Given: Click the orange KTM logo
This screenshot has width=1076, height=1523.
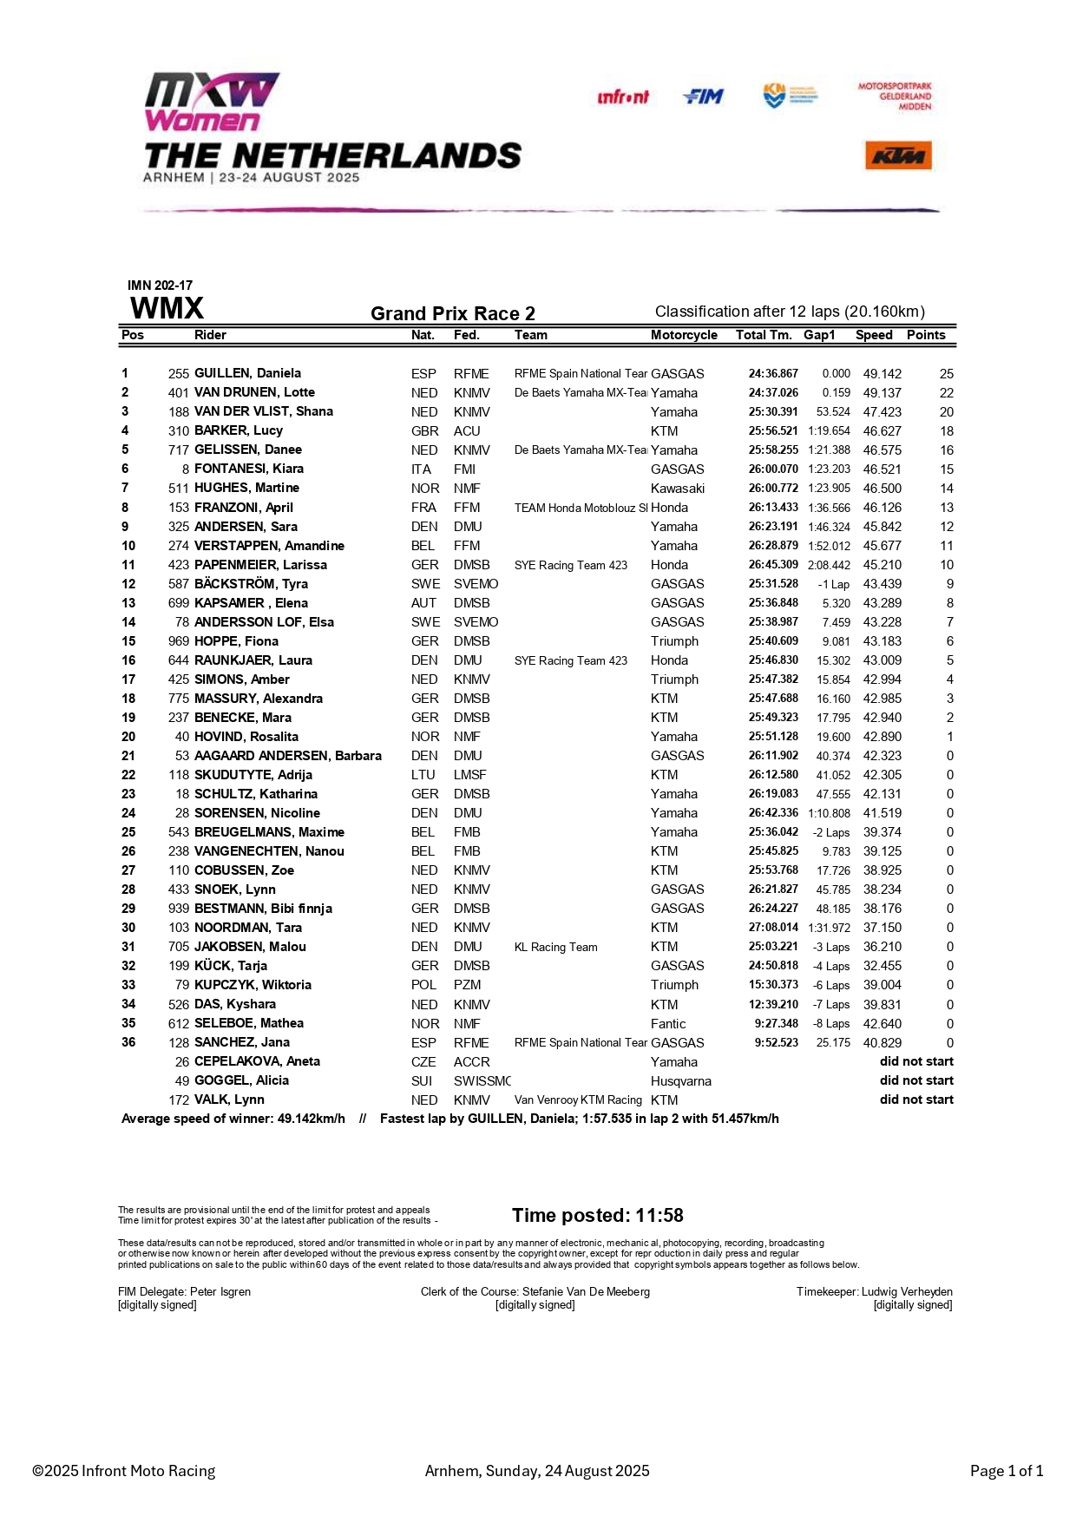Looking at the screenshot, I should click(898, 156).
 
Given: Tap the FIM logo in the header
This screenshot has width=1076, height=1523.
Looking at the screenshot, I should click(703, 96).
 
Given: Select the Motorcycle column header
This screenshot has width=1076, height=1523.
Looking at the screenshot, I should click(684, 335).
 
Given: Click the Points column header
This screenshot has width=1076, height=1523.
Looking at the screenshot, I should click(926, 335).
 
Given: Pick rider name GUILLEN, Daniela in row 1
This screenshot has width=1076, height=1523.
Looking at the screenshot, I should click(247, 373).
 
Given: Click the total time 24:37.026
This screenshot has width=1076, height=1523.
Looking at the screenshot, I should click(773, 392).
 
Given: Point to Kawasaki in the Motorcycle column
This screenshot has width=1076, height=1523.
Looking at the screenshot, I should click(677, 489).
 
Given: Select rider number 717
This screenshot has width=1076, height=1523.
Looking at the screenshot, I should click(179, 450).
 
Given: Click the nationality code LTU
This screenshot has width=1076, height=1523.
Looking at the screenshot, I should click(423, 775).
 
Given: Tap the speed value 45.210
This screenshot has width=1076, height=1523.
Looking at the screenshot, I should click(882, 565).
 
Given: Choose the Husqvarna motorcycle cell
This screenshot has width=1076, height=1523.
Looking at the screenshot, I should click(680, 1081).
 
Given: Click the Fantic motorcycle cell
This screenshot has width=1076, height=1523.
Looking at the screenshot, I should click(668, 1024).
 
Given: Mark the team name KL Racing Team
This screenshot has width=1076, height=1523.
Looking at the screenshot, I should click(555, 947).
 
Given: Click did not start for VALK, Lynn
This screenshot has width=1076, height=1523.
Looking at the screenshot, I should click(916, 1100).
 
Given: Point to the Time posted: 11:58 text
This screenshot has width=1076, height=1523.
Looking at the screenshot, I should click(597, 1215).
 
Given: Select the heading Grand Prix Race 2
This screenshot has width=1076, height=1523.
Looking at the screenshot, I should click(452, 313).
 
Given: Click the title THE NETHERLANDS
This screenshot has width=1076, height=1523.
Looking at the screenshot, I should click(332, 156).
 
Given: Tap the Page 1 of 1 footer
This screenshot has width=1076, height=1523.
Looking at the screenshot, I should click(1006, 1470).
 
